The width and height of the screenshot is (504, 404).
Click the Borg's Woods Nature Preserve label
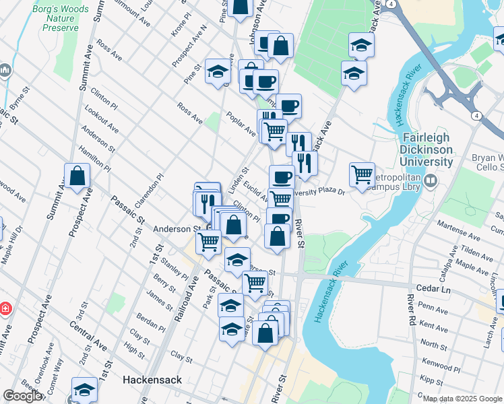61,19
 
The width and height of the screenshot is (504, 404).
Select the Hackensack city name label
152,380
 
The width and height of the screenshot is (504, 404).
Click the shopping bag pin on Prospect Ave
77,176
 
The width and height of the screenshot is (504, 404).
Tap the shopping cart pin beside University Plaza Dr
363,175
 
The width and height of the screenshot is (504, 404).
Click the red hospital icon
4,309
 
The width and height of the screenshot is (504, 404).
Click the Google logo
22,396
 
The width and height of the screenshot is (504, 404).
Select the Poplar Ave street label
241,123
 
